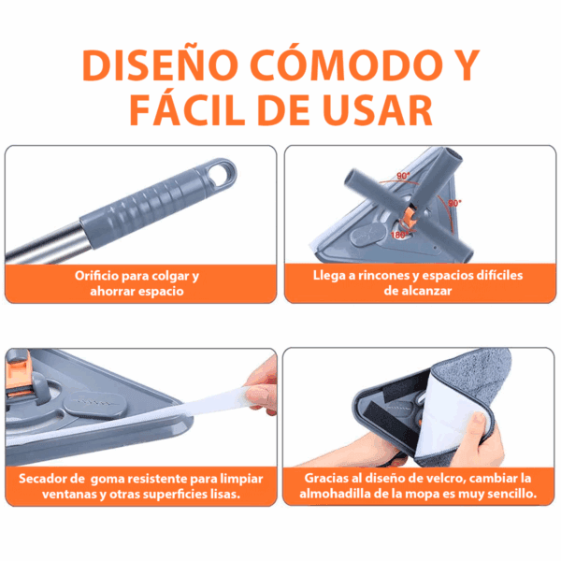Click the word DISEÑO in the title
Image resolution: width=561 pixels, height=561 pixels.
(x=160, y=65)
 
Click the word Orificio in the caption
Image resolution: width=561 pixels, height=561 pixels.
(x=96, y=276)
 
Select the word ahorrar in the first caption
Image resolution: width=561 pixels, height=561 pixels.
(x=112, y=291)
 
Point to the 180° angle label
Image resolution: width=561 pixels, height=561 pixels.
(x=399, y=235)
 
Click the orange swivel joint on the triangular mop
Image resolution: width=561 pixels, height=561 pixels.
(x=409, y=217)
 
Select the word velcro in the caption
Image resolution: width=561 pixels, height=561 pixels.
(x=447, y=479)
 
